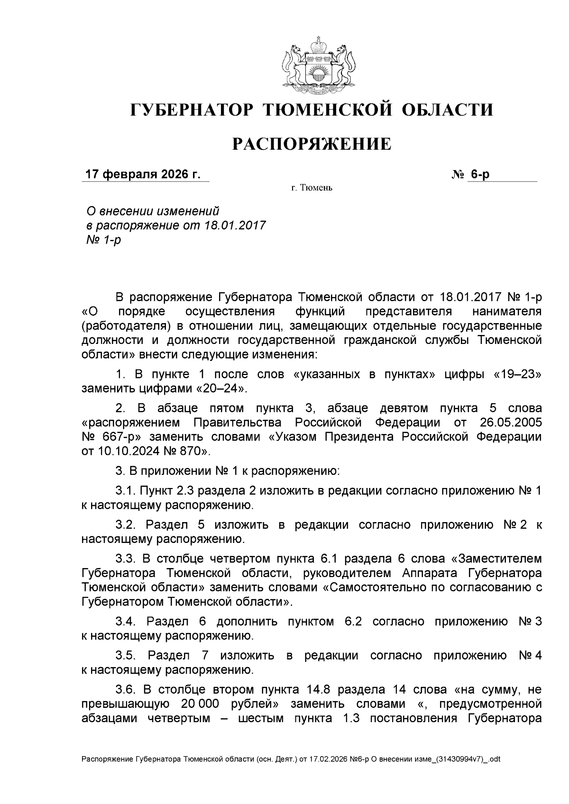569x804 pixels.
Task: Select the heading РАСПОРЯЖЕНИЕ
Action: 311,144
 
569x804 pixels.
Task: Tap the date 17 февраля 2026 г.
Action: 142,174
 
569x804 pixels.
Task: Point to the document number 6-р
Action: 480,174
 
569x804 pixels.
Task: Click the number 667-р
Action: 112,437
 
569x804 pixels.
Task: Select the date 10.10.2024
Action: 125,452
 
